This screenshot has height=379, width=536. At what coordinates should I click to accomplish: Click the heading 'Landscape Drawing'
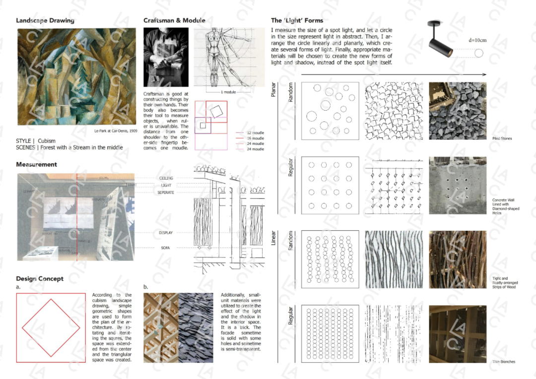click(45, 21)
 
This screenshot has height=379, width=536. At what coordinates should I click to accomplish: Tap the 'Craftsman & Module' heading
click(174, 21)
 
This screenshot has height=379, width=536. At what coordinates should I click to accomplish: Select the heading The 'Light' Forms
click(297, 21)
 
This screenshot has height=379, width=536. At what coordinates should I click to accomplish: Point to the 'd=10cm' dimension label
click(477, 40)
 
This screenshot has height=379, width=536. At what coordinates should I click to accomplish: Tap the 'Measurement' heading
click(36, 164)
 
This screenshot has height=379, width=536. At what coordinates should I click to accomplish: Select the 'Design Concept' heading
click(40, 279)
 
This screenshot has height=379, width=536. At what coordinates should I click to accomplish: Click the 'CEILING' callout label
click(166, 178)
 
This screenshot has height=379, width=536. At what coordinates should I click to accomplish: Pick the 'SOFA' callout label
click(166, 248)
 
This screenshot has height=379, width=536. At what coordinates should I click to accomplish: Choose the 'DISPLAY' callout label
click(166, 232)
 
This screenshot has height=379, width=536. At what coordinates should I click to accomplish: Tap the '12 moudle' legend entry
click(256, 133)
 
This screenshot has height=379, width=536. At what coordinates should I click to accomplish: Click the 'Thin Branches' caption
click(504, 362)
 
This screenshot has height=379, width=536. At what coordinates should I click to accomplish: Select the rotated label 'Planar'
click(273, 90)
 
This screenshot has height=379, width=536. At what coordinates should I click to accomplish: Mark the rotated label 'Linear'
click(273, 238)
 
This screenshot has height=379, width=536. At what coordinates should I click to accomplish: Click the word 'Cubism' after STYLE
click(47, 141)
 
